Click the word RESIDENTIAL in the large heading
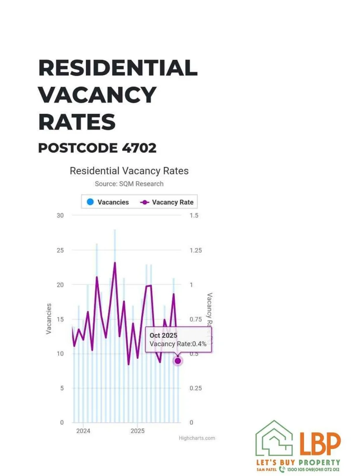(x=118, y=68)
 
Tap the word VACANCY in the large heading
(x=97, y=95)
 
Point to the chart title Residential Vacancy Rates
(x=129, y=171)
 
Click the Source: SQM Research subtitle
(x=129, y=184)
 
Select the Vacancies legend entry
(x=108, y=202)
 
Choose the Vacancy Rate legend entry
(x=168, y=202)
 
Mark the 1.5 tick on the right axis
(x=194, y=216)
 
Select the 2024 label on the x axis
(x=83, y=431)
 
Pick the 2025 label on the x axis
(x=138, y=431)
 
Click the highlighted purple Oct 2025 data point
(x=178, y=361)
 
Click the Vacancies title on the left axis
(x=49, y=318)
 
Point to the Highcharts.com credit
(x=197, y=438)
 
